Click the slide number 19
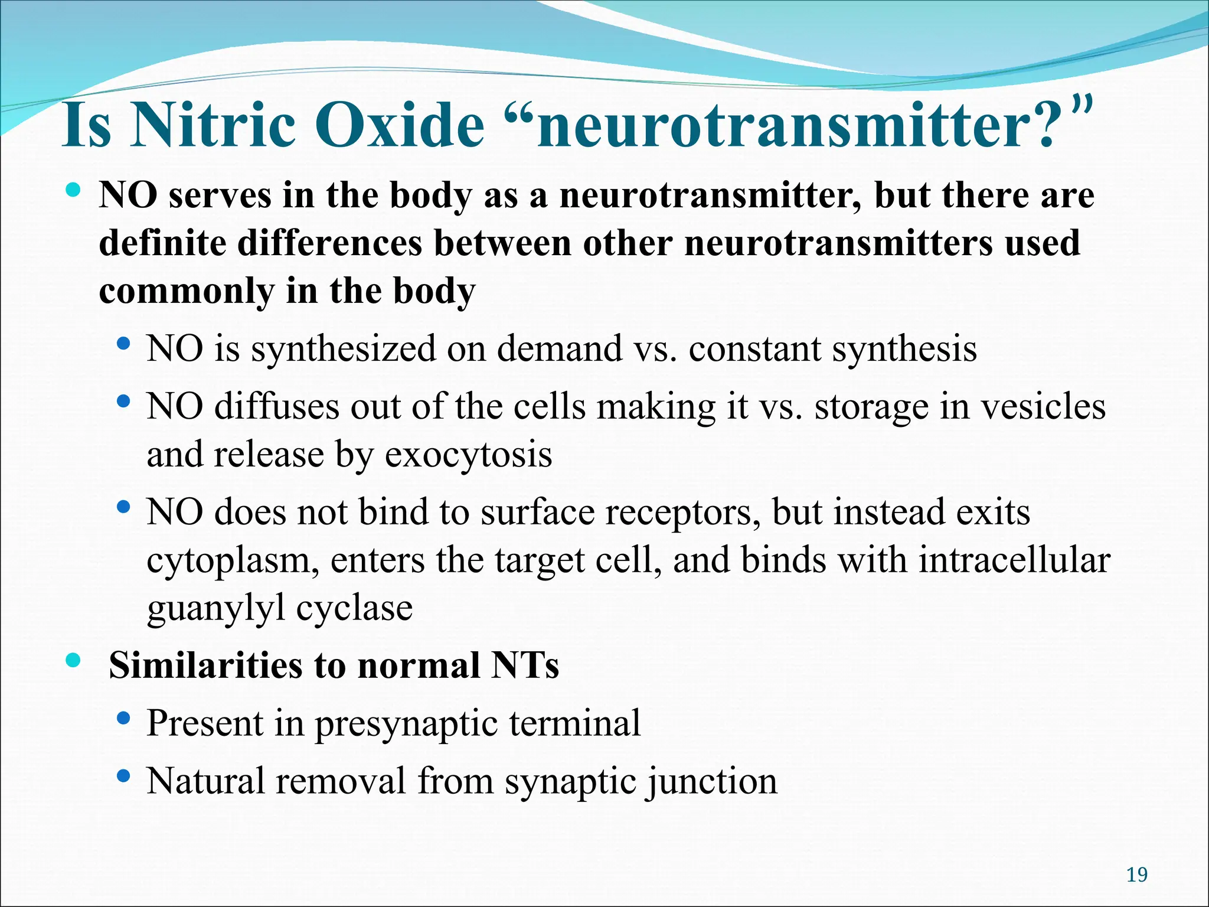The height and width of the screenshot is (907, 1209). (1136, 875)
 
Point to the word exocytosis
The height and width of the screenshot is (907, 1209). (468, 455)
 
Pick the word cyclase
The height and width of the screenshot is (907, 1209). (354, 608)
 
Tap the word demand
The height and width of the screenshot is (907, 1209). (559, 348)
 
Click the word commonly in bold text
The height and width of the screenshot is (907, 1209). (187, 292)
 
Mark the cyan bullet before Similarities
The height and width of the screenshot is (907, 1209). (73, 661)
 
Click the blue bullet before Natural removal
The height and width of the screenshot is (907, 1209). (123, 775)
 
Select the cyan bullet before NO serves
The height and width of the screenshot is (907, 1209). (73, 190)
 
